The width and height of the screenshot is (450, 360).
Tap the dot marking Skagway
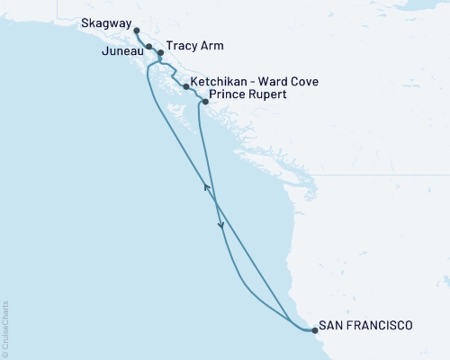click(136, 31)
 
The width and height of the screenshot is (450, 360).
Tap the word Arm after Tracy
click(212, 46)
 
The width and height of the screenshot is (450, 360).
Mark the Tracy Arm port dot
click(160, 53)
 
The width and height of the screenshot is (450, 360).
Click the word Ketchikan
click(223, 81)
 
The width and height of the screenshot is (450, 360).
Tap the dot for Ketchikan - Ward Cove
click(185, 87)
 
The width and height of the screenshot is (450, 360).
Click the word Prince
click(226, 94)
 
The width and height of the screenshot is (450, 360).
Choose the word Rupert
click(267, 94)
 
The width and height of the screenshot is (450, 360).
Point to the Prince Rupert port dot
click(206, 102)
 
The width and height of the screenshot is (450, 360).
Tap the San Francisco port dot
click(314, 330)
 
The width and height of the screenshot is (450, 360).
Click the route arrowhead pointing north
click(207, 187)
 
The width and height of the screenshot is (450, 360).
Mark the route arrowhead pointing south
click(220, 227)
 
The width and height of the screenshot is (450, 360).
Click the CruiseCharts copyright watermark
click(4, 328)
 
